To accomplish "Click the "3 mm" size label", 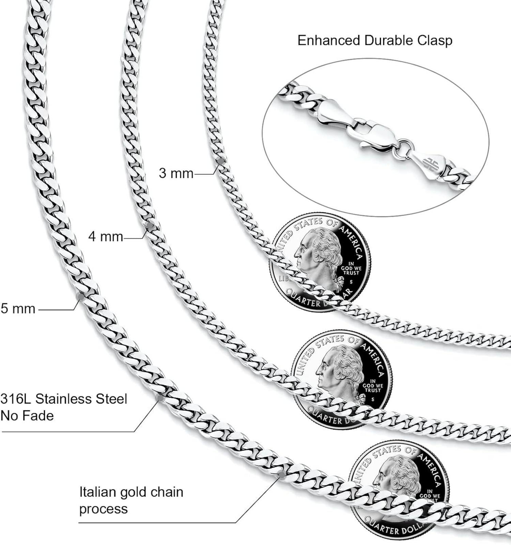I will pyautogui.click(x=176, y=173).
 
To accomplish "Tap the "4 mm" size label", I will pyautogui.click(x=106, y=236).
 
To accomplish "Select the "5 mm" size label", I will pyautogui.click(x=18, y=308).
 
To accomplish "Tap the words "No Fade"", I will pyautogui.click(x=27, y=415).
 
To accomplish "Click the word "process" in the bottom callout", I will pyautogui.click(x=104, y=509).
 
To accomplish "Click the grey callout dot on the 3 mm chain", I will pyautogui.click(x=220, y=161).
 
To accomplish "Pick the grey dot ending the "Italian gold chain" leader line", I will pyautogui.click(x=282, y=475).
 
